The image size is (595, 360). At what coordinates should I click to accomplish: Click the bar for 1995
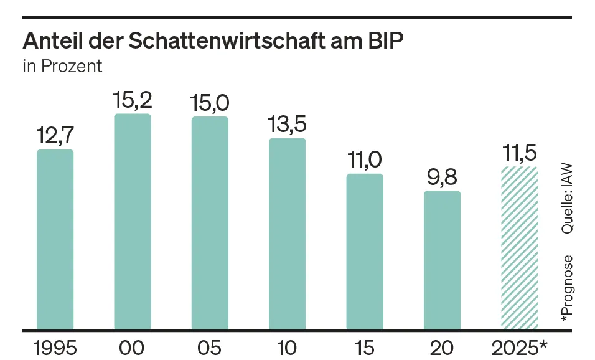[55, 240]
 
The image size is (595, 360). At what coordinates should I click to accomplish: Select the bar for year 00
[133, 222]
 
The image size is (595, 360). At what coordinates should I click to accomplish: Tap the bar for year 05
[210, 223]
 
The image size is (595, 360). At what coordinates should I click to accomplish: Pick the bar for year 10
[287, 234]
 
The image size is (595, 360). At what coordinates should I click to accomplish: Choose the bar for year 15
[365, 252]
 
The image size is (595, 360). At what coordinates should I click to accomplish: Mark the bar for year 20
[442, 260]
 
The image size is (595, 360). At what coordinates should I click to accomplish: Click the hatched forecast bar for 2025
[519, 248]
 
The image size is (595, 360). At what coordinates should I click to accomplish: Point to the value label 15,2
[133, 100]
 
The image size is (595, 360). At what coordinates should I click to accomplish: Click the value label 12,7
[55, 136]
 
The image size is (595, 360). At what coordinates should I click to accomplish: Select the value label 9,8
[442, 177]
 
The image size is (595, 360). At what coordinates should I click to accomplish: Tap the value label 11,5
[519, 153]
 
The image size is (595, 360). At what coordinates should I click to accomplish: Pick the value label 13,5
[287, 125]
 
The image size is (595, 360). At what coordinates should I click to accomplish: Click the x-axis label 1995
[55, 348]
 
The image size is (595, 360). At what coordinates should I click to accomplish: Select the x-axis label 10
[287, 348]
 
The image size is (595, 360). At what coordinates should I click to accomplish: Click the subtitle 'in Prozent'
[62, 66]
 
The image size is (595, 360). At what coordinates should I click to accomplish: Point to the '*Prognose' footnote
[567, 288]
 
